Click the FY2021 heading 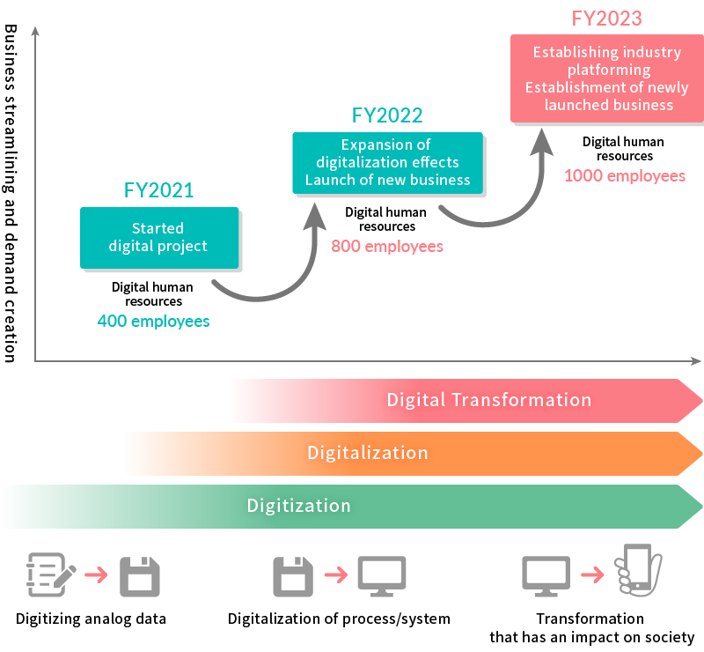(158, 189)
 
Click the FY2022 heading (387, 115)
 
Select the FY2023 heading (606, 19)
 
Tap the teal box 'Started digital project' (158, 238)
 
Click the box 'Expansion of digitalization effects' (387, 163)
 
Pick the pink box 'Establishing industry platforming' (607, 79)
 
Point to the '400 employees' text (153, 321)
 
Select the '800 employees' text (387, 246)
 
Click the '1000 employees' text (624, 175)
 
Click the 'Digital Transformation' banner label (489, 400)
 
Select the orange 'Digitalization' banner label (367, 453)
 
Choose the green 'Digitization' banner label (298, 506)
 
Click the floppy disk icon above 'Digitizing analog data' (139, 575)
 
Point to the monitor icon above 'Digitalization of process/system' (381, 575)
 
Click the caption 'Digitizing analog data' (91, 619)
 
